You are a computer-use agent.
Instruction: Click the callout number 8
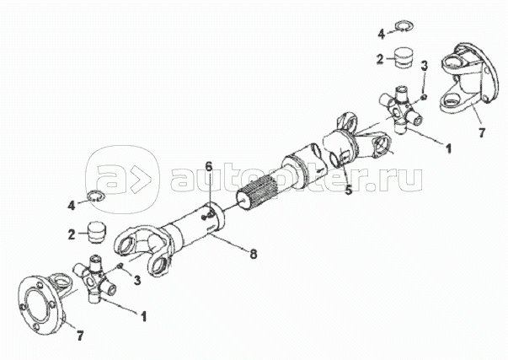pos(254,254)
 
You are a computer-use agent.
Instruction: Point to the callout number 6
pos(209,167)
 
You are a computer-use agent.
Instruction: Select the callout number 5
pos(348,190)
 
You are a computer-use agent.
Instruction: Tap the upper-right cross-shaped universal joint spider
pos(401,109)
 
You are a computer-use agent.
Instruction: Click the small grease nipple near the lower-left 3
pos(120,266)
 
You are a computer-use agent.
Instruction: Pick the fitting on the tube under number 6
pos(207,217)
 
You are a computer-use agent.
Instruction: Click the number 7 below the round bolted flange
pos(80,336)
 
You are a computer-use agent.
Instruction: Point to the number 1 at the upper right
pos(448,148)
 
